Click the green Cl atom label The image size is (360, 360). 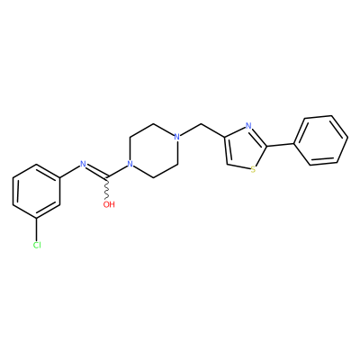pyautogui.click(x=37, y=245)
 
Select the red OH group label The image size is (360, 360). pyautogui.click(x=109, y=204)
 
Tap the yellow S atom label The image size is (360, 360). pyautogui.click(x=253, y=170)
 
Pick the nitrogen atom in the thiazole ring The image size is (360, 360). pyautogui.click(x=248, y=126)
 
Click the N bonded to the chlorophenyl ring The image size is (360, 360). pyautogui.click(x=83, y=164)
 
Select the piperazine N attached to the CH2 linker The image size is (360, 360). pyautogui.click(x=177, y=137)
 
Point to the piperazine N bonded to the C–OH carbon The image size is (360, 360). pyautogui.click(x=130, y=164)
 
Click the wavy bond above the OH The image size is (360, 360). pyautogui.click(x=106, y=189)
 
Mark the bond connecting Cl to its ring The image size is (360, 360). pyautogui.click(x=37, y=230)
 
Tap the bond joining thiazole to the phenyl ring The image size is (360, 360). pyautogui.click(x=281, y=145)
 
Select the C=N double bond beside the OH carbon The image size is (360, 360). pyautogui.click(x=96, y=171)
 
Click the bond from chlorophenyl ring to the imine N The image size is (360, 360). pyautogui.click(x=70, y=171)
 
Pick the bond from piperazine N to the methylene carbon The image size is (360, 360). pyautogui.click(x=191, y=130)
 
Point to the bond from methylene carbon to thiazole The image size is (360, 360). pyautogui.click(x=213, y=130)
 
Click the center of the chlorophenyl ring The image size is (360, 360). pyautogui.click(x=37, y=192)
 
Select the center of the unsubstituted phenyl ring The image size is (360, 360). pyautogui.click(x=321, y=140)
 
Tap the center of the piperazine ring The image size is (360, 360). pyautogui.click(x=154, y=150)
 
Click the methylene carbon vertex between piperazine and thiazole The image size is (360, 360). pyautogui.click(x=202, y=123)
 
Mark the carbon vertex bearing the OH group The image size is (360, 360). pyautogui.click(x=106, y=178)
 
